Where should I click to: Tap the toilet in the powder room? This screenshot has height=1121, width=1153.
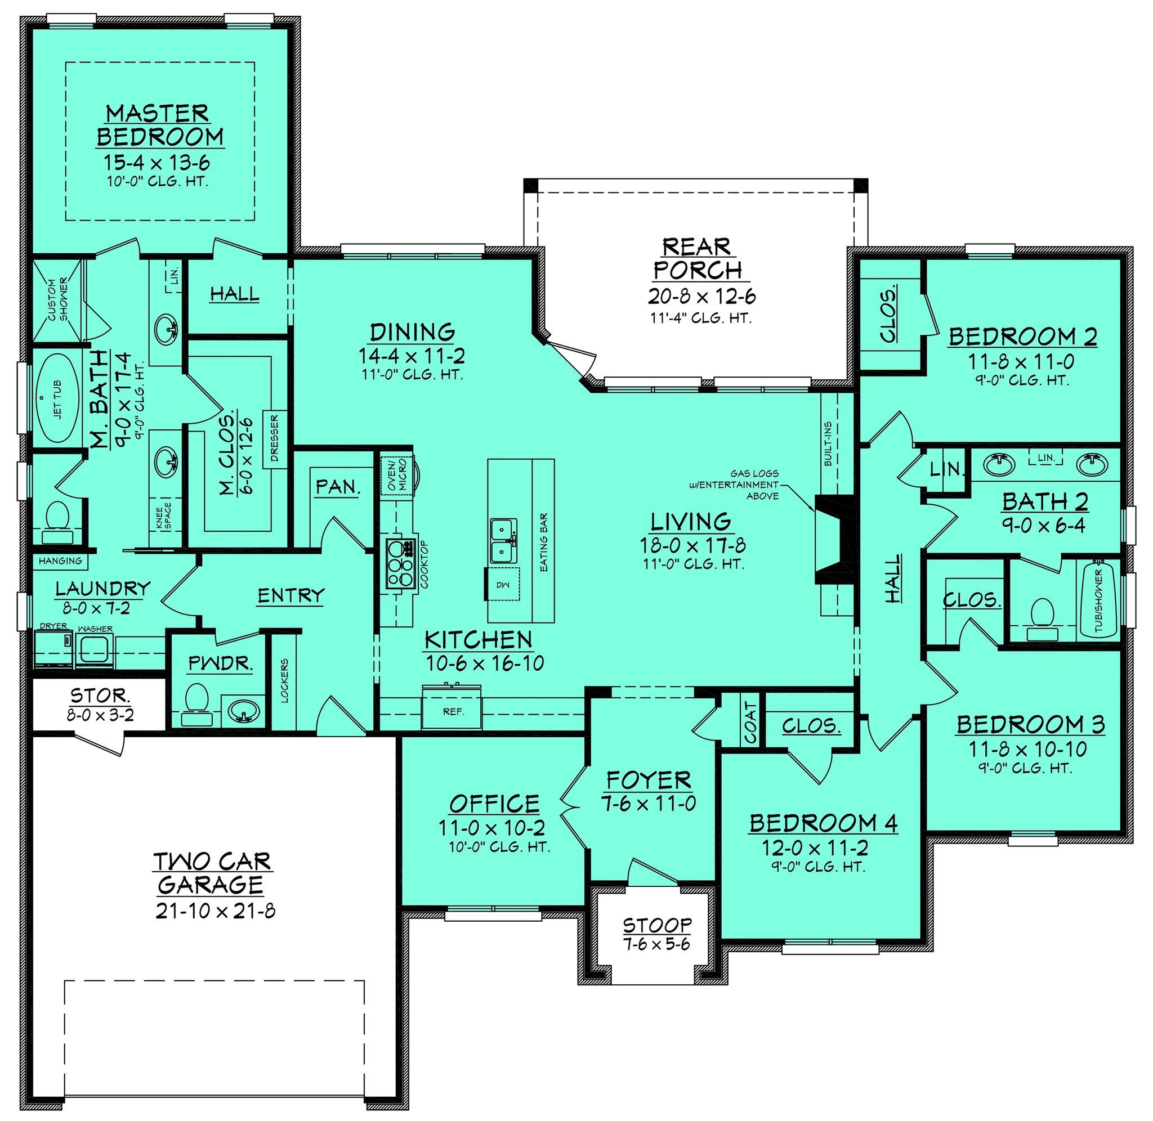click(x=196, y=705)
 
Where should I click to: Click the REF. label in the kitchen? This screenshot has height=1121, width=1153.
click(x=453, y=712)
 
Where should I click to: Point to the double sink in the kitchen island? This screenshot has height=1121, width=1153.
click(x=504, y=540)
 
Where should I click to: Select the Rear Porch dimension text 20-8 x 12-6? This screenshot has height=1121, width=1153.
click(x=702, y=296)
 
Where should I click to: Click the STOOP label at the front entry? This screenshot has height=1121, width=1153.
click(x=657, y=925)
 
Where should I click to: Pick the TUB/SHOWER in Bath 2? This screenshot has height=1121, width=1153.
click(x=1098, y=601)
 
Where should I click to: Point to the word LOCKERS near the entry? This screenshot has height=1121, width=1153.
click(x=285, y=680)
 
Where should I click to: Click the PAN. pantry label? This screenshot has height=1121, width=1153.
click(x=337, y=486)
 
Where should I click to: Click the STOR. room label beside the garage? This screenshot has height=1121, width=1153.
click(x=100, y=696)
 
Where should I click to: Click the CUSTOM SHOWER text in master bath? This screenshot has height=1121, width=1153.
click(x=59, y=301)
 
